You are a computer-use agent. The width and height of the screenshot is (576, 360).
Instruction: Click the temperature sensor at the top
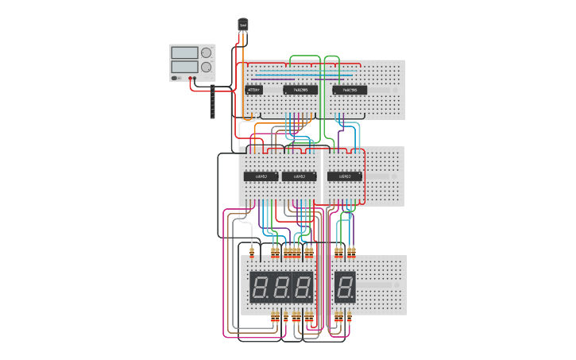[x=243, y=25]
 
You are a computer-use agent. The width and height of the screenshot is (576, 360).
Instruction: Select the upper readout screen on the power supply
[x=184, y=52]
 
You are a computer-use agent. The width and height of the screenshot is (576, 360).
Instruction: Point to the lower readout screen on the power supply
[x=184, y=68]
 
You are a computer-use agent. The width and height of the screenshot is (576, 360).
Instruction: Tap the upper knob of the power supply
[x=207, y=52]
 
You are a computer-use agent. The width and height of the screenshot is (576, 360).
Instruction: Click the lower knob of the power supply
[x=207, y=68]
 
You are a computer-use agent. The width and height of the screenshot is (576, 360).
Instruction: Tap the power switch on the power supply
[x=176, y=78]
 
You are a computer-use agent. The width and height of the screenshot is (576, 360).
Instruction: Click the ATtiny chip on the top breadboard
[x=253, y=90]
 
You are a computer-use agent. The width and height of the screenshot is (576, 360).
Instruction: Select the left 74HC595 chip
[x=300, y=90]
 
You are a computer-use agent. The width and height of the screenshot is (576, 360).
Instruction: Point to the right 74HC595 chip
[x=350, y=90]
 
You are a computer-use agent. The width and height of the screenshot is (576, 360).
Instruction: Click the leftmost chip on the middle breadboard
[x=260, y=176]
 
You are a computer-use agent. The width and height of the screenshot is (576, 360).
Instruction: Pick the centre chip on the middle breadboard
[x=299, y=176]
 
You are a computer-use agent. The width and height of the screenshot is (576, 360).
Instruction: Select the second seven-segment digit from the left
[x=281, y=286]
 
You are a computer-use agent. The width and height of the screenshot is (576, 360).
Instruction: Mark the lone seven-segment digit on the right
[x=345, y=286]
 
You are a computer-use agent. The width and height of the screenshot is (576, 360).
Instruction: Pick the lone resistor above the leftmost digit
[x=252, y=253]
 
